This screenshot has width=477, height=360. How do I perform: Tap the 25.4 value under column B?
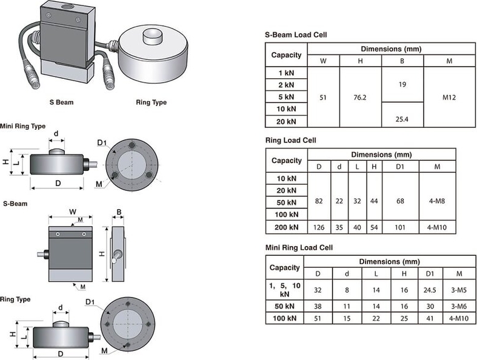point(402,119)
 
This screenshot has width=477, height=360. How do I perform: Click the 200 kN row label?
point(287,227)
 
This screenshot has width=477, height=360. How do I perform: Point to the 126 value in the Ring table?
point(319,228)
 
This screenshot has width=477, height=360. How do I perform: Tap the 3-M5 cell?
point(457,289)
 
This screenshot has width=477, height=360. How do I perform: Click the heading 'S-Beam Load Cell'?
point(296,35)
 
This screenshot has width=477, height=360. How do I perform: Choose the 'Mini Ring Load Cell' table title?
point(299,248)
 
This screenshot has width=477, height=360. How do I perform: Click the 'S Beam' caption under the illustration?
point(61,102)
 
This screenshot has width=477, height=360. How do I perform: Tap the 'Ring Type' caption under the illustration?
point(152,102)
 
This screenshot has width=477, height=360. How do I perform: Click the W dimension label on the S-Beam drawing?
point(73,212)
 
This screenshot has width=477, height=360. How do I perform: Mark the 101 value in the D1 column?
point(400,228)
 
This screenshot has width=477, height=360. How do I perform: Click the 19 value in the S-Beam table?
point(402,85)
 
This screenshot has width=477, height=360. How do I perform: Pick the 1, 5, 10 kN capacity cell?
point(285,289)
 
